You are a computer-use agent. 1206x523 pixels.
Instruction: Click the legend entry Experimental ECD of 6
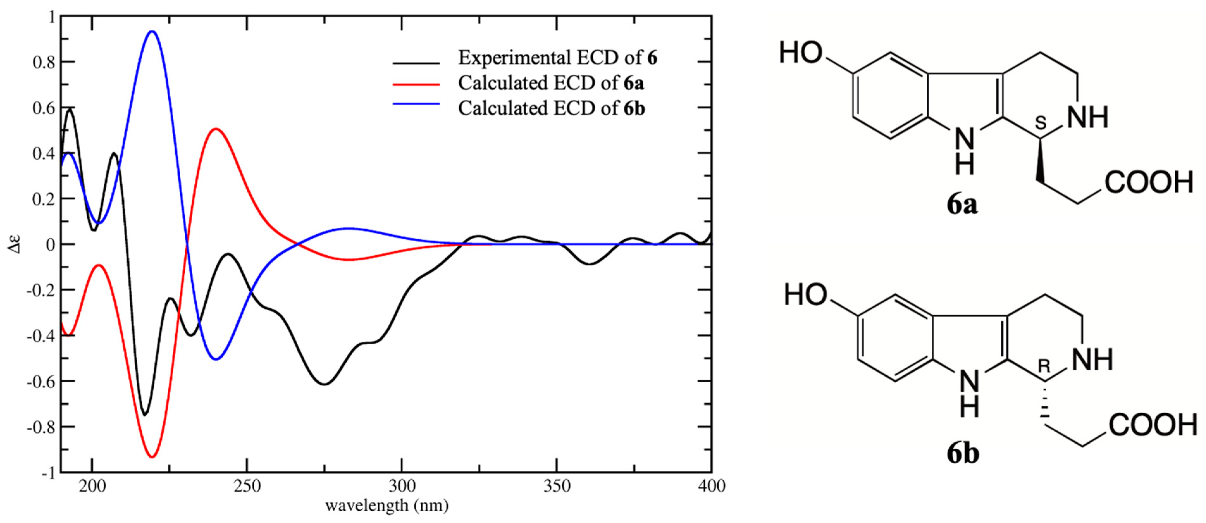557,58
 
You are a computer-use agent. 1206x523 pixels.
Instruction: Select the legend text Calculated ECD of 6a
551,83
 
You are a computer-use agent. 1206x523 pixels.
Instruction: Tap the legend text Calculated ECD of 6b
551,109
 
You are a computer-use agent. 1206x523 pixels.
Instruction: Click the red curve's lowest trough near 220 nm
152,457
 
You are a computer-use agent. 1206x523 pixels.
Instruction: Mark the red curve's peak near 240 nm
216,129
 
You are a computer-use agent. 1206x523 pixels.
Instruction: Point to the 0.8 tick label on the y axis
44,62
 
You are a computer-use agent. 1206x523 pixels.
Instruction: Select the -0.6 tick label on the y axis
41,382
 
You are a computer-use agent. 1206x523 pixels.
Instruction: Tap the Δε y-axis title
15,244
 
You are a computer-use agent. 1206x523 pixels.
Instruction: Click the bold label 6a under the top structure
962,205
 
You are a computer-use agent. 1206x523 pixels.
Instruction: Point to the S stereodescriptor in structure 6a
1040,123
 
